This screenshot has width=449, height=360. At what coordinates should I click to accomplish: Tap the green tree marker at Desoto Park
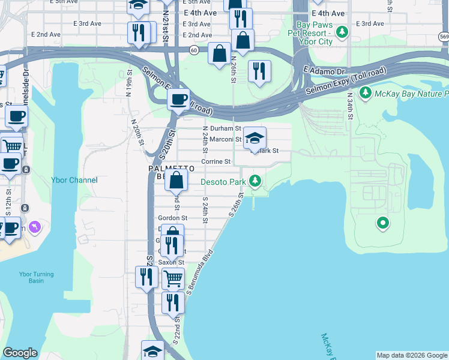255,180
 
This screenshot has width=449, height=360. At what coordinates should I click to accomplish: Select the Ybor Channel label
75,180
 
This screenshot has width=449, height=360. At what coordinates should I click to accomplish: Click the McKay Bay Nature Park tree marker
364,93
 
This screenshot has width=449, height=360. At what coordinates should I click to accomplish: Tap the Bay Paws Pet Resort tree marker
342,31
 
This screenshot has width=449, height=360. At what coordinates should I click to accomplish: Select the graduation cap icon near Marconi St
255,138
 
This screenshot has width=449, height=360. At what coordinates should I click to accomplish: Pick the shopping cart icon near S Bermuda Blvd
173,278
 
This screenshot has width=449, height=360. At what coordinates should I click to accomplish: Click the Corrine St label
215,161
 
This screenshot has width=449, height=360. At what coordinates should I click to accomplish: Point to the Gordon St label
172,218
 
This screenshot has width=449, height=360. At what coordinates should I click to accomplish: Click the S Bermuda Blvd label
200,270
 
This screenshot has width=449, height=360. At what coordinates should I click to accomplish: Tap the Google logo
20,353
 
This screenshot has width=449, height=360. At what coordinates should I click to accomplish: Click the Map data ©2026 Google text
412,355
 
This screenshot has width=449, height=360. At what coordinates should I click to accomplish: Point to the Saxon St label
170,263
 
